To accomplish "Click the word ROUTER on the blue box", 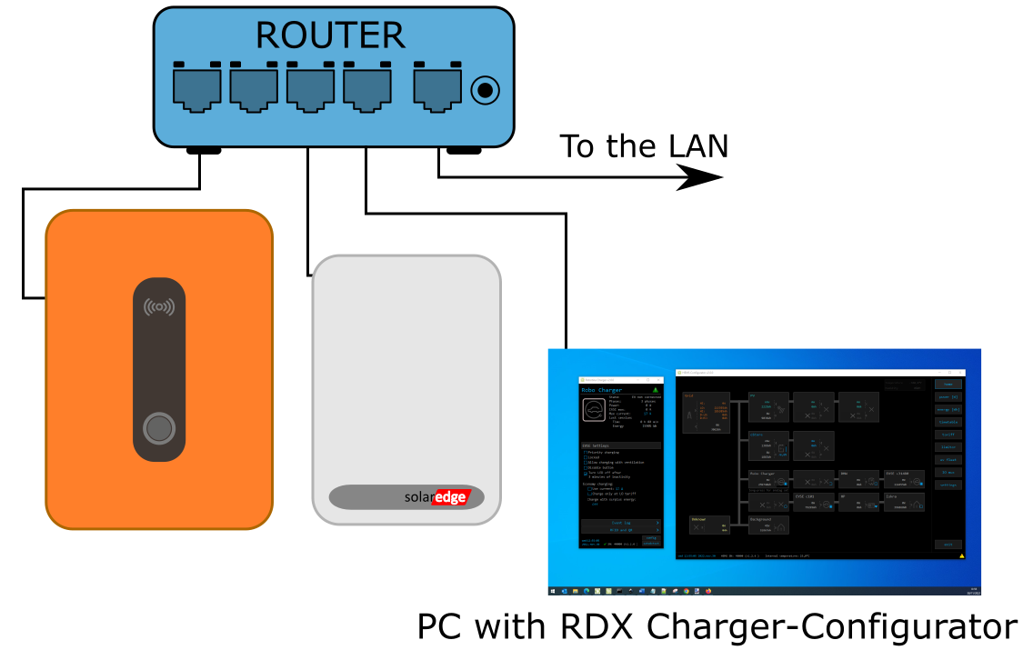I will pos(330,35).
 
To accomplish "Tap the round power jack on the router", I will pos(485,90).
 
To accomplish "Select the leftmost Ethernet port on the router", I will pos(196,89).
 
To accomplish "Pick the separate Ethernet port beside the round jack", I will pos(437,89).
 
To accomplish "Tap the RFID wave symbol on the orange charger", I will pos(159,307).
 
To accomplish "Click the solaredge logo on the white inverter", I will pos(436,497).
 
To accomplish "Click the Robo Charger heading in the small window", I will pos(602,389).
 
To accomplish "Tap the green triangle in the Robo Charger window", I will pos(655,389).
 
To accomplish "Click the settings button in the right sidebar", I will pos(948,485).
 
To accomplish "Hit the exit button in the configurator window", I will pos(948,545).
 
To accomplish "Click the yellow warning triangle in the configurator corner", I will pos(961,555).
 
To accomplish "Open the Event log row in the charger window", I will pos(621,524).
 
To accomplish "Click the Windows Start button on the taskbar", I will pos(552,591).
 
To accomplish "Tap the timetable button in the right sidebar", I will pos(948,422).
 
